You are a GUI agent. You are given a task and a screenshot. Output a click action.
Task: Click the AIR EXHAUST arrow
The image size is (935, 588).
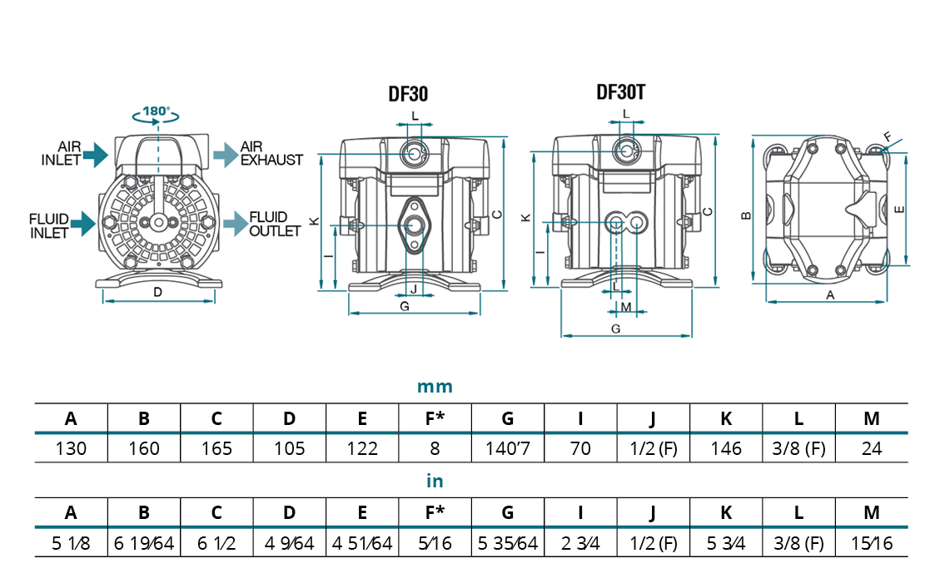[225, 153]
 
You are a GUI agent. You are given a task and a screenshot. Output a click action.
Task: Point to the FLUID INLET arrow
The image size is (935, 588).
[84, 223]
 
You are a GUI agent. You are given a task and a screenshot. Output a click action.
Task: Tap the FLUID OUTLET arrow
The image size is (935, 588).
[235, 223]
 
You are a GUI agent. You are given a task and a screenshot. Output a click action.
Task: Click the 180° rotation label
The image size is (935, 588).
[156, 111]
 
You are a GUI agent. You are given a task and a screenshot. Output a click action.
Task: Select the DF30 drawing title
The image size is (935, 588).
[409, 94]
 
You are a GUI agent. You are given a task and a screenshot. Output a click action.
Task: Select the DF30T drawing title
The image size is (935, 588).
[621, 91]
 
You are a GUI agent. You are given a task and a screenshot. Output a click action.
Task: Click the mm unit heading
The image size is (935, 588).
[435, 387]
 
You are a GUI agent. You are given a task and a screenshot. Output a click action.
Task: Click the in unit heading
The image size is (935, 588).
[435, 482]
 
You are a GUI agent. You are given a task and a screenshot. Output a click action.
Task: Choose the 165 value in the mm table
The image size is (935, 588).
[216, 449]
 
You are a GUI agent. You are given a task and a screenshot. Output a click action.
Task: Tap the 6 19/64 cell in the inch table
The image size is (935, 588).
[144, 544]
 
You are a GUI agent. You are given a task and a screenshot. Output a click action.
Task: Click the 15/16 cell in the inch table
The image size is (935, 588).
[872, 544]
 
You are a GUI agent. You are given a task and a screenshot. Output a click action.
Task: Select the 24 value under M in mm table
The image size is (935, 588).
[872, 449]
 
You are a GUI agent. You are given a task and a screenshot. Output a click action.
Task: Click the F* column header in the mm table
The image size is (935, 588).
[435, 418]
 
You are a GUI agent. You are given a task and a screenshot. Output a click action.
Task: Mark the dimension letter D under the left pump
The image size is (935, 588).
[157, 292]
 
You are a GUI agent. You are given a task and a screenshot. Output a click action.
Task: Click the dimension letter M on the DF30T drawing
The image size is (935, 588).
[626, 308]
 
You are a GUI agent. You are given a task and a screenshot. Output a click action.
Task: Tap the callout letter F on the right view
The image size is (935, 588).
[887, 136]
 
